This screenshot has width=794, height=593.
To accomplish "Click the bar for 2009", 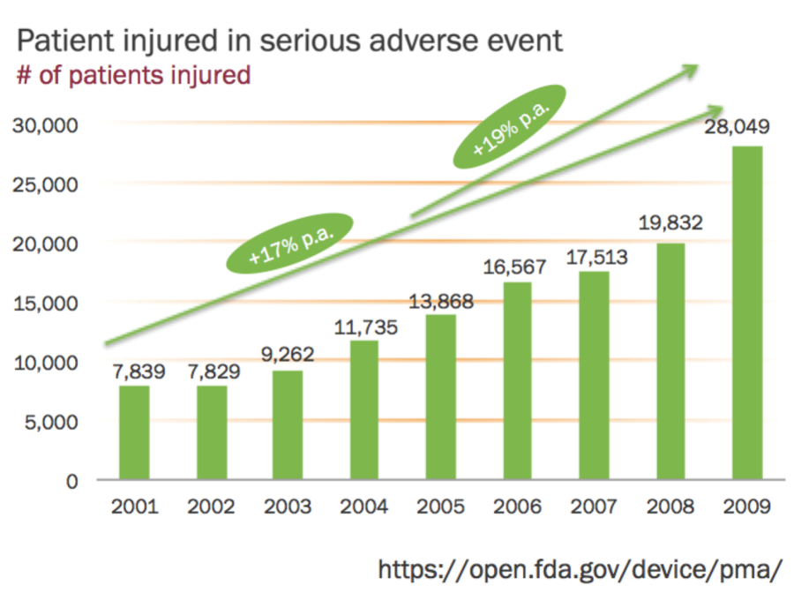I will coord(746,313).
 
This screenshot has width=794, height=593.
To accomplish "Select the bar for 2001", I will coord(134,433).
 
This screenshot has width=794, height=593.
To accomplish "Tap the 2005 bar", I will coord(441,397).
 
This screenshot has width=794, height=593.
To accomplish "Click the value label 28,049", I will coord(737,127).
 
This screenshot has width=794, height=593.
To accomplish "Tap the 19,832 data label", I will coord(670,224).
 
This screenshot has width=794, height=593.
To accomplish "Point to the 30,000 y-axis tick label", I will coord(48,124).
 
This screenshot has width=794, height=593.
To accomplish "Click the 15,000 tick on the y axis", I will coord(48,304).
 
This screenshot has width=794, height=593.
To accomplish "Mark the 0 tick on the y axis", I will coord(75,482).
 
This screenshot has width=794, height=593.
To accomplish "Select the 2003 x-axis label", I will coord(288,507).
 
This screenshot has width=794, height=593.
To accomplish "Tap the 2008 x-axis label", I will coord(670,507).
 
